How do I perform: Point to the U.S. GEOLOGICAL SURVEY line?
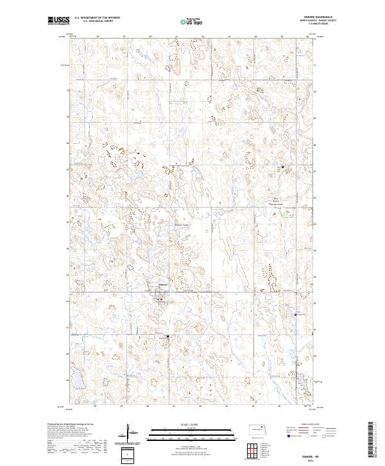pyautogui.click(x=96, y=21)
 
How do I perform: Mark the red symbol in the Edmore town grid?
pyautogui.click(x=161, y=298)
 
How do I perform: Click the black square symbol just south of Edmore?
pyautogui.click(x=168, y=336)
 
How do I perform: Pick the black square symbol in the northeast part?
pyautogui.click(x=283, y=168)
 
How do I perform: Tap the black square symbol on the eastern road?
pyautogui.click(x=295, y=314)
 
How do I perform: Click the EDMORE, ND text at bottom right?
pyautogui.click(x=307, y=454)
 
